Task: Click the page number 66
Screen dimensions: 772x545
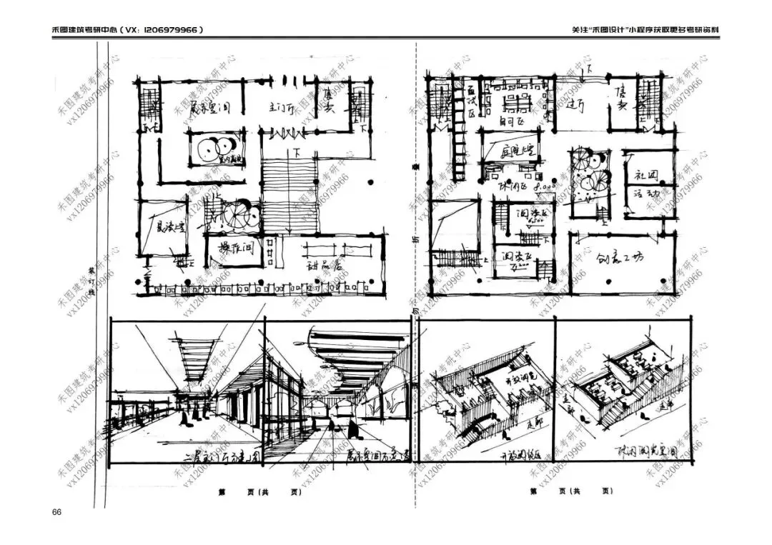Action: (57, 512)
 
